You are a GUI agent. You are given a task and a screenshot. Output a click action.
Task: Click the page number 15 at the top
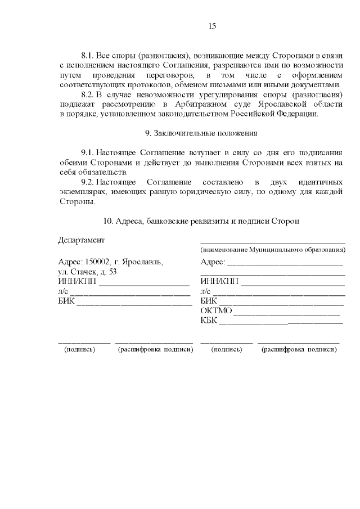(x=212, y=26)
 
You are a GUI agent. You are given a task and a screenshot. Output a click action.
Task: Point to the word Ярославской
(x=279, y=104)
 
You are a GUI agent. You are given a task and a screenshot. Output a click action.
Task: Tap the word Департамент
(x=82, y=240)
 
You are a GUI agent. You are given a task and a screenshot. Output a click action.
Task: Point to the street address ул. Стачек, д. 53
(x=87, y=272)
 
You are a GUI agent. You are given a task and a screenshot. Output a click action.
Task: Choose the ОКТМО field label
(x=216, y=310)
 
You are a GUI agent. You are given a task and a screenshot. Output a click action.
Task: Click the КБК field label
(x=209, y=321)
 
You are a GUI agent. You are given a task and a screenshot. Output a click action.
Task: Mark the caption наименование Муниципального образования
(x=273, y=249)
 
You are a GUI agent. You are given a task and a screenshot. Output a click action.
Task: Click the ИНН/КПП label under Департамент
(x=77, y=281)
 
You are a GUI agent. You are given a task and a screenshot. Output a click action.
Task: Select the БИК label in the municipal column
(x=208, y=301)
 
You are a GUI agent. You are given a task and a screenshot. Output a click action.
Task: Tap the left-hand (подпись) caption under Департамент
(x=80, y=349)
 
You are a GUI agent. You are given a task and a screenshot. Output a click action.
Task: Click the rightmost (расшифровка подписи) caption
(x=299, y=349)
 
